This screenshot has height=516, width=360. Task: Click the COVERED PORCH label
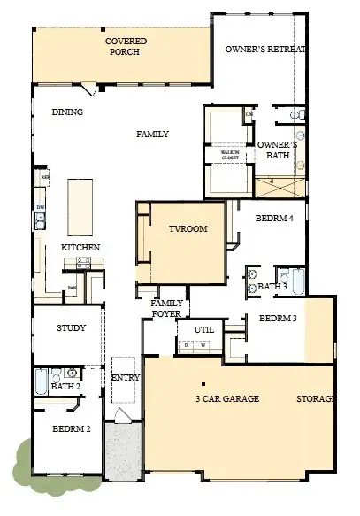pos(126,47)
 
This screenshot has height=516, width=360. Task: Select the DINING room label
pos(67,112)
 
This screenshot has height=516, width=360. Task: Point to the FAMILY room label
pos(152,135)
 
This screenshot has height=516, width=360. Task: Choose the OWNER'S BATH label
pos(276,150)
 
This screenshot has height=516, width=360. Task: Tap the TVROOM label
pos(188,229)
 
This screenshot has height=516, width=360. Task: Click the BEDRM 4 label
pos(274,218)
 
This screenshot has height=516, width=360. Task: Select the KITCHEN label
pos(80,247)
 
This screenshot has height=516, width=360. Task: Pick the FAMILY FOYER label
pos(167,307)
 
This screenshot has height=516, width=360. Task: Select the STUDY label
pos(71,328)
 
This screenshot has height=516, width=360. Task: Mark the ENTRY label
pos(121,378)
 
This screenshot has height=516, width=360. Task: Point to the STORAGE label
pos(316,399)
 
